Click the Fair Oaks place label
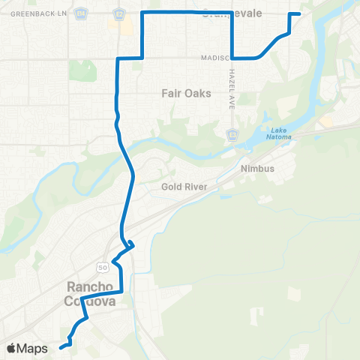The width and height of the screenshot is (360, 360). click(x=186, y=94)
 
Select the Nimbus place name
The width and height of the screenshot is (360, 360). click(x=256, y=168)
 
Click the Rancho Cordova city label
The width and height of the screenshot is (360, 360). click(x=91, y=293)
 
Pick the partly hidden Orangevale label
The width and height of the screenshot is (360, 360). click(x=233, y=12)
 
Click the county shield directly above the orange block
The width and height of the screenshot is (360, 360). click(x=118, y=13)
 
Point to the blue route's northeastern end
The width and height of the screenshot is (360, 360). click(x=300, y=14)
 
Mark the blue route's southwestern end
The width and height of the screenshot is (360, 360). click(x=59, y=346)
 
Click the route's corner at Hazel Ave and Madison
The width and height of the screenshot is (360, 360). click(x=232, y=57)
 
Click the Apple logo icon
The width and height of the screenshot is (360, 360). click(x=13, y=348)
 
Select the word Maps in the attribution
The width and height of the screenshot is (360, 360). click(x=34, y=348)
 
